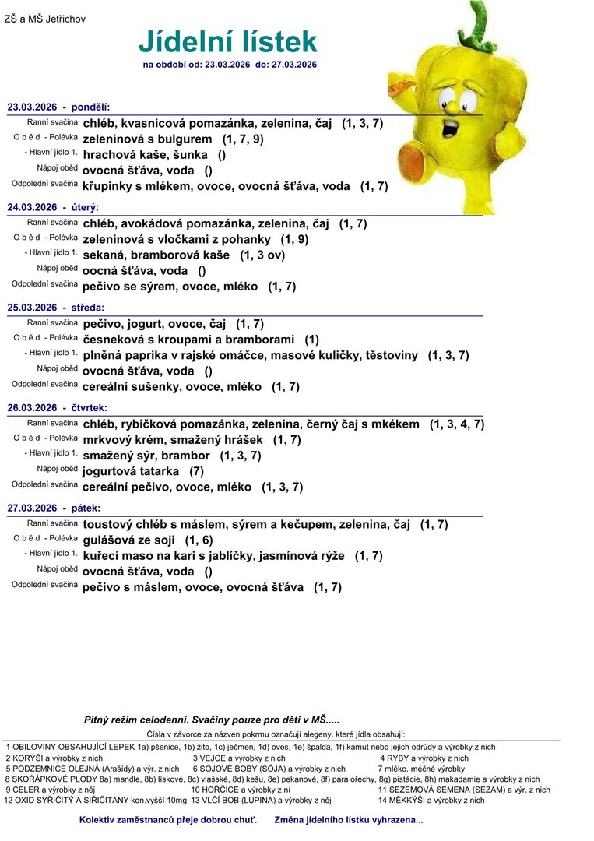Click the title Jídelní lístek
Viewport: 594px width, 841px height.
click(x=228, y=41)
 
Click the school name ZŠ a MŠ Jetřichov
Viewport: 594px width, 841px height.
click(x=45, y=18)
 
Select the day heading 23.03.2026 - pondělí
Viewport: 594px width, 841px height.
click(x=59, y=106)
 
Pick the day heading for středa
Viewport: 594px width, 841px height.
click(x=55, y=308)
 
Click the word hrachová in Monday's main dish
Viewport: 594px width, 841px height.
click(x=108, y=155)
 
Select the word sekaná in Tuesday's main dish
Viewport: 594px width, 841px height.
click(x=104, y=255)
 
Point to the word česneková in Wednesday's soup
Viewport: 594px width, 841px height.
click(x=114, y=340)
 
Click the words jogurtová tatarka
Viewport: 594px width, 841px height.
click(x=131, y=471)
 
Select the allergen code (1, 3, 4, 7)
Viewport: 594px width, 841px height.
click(x=457, y=424)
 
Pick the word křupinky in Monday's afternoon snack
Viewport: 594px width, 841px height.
click(x=112, y=186)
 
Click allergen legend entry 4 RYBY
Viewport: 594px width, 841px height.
click(x=424, y=758)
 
